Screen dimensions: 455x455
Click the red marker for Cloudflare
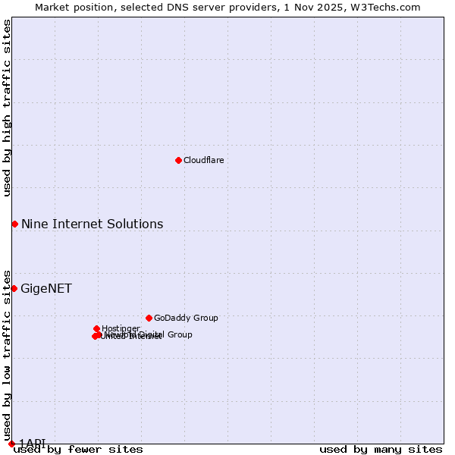[x=178, y=160]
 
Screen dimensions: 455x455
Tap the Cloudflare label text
[x=203, y=160]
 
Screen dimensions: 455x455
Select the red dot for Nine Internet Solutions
[x=14, y=224]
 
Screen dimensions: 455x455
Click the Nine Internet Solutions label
[x=92, y=224]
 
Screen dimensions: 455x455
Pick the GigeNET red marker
[x=14, y=288]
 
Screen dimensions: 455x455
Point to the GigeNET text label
[x=46, y=288]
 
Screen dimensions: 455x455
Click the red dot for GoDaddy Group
[x=149, y=318]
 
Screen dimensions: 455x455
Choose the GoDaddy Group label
[x=186, y=318]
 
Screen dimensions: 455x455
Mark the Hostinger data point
[x=97, y=328]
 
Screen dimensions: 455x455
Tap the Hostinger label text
[x=121, y=328]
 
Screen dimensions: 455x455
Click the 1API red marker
[x=11, y=444]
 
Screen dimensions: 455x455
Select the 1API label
[x=33, y=443]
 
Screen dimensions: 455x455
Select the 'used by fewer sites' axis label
[x=78, y=450]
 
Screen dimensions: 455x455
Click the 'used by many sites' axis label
[x=381, y=450]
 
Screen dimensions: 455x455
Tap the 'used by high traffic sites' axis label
[x=7, y=108]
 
